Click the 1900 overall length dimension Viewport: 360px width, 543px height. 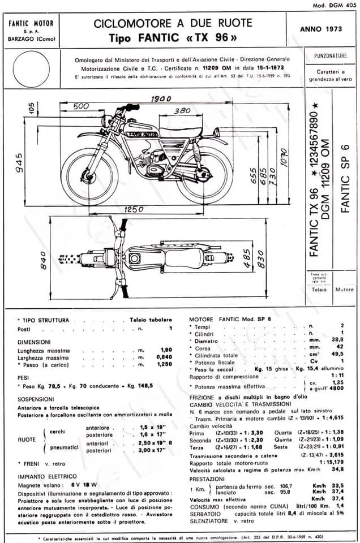point(161,99)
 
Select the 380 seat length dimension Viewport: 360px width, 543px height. point(182,111)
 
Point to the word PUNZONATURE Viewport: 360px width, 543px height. point(330,57)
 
